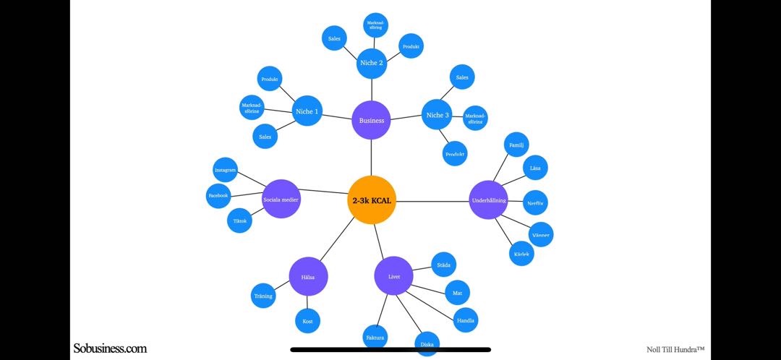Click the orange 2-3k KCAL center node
372,200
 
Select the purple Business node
372,120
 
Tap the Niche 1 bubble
307,111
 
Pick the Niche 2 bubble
372,63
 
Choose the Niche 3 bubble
437,115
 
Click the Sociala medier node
281,199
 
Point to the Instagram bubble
225,170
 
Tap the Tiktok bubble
239,220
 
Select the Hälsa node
308,276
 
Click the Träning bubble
263,296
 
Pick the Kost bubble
307,321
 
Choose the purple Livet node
393,275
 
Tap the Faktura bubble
375,338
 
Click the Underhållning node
489,200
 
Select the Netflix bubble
535,203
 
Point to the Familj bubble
516,145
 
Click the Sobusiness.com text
110,348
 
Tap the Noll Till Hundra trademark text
675,349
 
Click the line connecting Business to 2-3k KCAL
372,157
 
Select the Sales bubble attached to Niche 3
462,77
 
